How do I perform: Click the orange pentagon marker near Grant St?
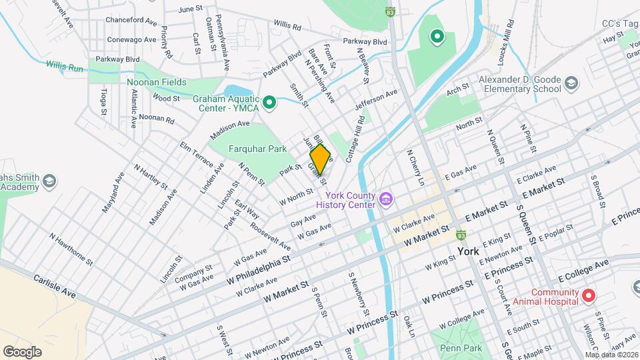click(320, 159)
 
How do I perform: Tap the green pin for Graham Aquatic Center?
click(269, 103)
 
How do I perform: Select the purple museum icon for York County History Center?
click(385, 199)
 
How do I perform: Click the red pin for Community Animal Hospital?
click(588, 295)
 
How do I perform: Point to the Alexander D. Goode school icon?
click(571, 83)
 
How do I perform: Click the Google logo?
click(22, 351)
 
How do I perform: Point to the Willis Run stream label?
click(65, 66)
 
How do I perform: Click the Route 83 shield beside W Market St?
click(460, 235)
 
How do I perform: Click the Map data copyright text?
click(611, 355)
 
